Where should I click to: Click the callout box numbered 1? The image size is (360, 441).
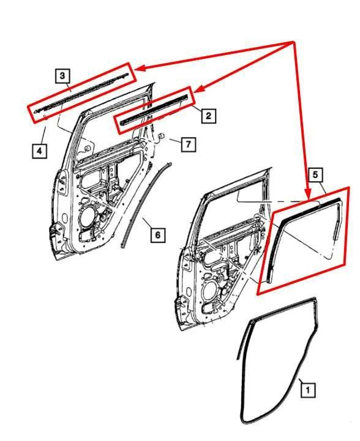(307, 390)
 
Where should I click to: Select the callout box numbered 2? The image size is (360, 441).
(208, 116)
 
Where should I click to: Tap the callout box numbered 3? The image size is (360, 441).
(62, 75)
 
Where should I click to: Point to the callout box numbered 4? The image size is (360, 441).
(39, 150)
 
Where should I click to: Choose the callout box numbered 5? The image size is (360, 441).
(315, 175)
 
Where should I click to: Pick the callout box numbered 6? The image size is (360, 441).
(157, 234)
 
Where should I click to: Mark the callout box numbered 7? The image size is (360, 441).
(189, 144)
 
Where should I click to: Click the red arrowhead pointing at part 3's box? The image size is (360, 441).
(140, 69)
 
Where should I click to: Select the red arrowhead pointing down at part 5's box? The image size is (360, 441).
(308, 195)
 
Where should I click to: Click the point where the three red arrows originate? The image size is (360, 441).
(293, 42)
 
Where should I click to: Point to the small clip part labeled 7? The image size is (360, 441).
(161, 136)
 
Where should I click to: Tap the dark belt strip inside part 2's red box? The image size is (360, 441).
(154, 110)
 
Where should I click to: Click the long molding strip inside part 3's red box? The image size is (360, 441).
(81, 94)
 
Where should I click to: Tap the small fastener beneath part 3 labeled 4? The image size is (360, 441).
(45, 116)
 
